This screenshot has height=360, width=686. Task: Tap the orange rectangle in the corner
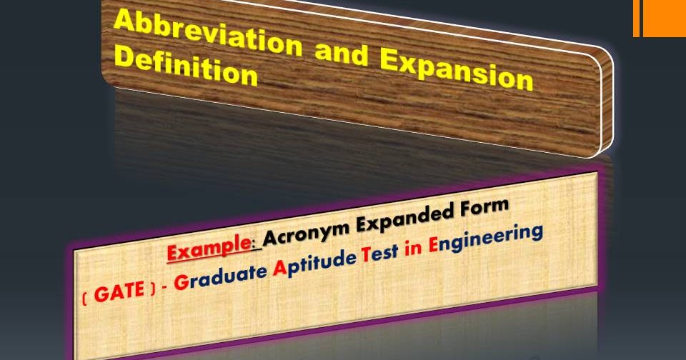(x=662, y=18)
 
